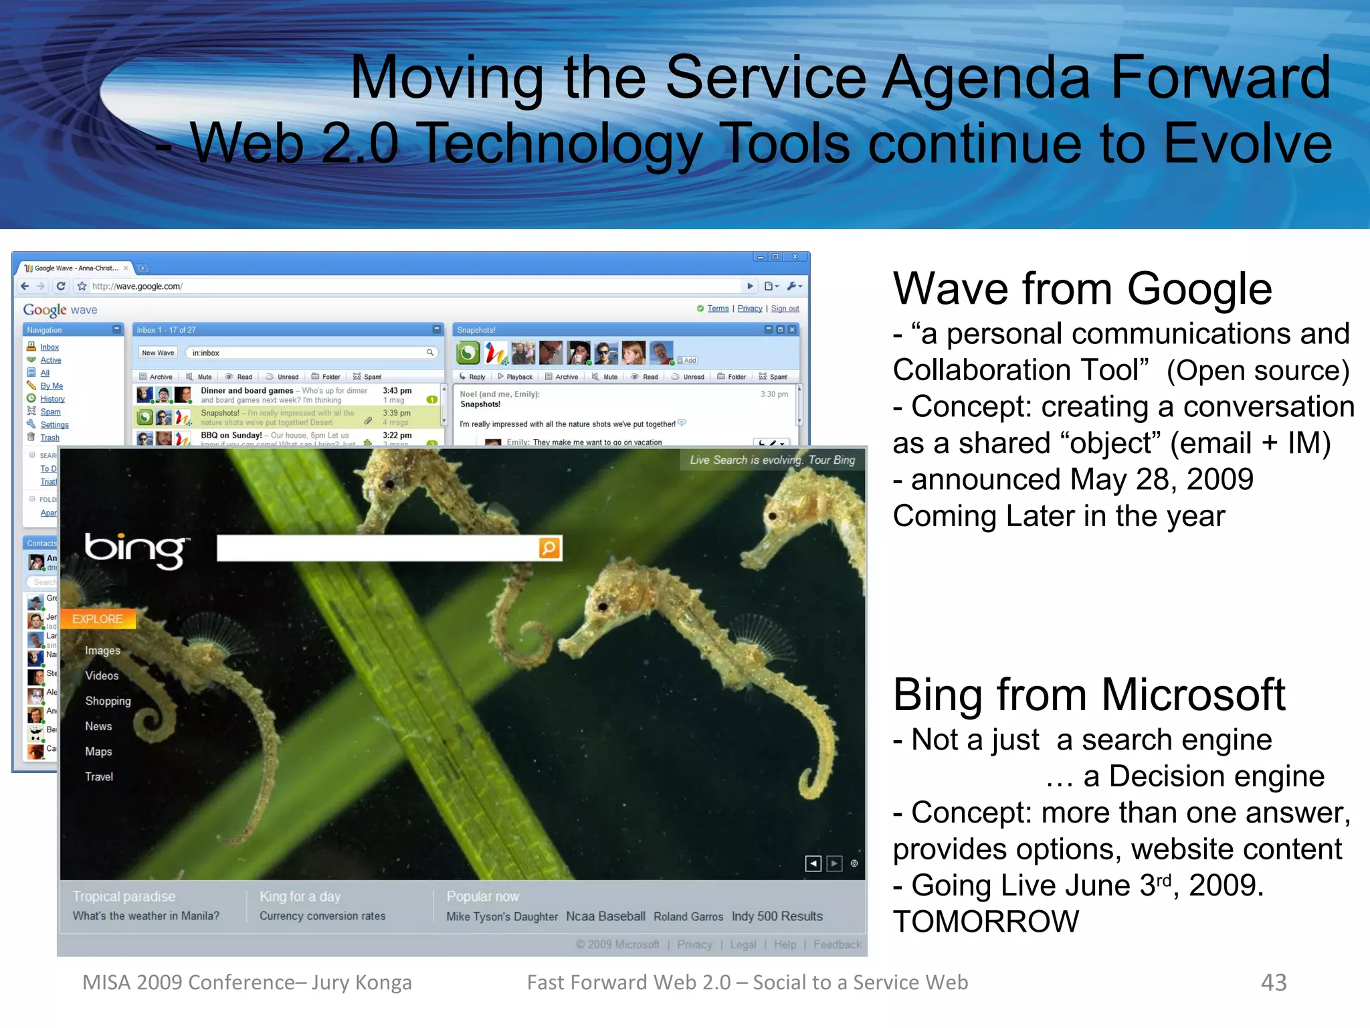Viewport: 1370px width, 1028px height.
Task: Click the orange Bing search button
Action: pos(549,548)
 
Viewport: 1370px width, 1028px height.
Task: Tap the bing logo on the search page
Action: pos(136,550)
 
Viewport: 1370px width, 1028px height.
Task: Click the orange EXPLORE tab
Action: pos(98,619)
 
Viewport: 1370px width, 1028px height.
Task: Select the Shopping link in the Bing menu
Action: pos(108,701)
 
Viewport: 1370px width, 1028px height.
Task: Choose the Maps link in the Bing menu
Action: pos(98,752)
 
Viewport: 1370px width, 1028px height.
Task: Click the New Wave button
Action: pos(158,353)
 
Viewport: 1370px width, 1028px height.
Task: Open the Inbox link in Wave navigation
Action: pos(50,347)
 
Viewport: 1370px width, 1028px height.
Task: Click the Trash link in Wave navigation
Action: pos(50,438)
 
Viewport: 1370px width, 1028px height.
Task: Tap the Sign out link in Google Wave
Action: pos(785,309)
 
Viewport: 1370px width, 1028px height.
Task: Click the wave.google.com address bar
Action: pos(401,286)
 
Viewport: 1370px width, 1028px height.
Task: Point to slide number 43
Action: pos(1273,982)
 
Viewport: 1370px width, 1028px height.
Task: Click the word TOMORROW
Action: pos(985,922)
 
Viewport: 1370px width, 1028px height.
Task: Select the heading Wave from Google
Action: pos(1082,289)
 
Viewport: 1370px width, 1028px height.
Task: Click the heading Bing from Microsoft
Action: pos(1088,695)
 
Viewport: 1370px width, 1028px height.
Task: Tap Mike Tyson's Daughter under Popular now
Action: pos(502,917)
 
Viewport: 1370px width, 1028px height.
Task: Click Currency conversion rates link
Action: pos(322,916)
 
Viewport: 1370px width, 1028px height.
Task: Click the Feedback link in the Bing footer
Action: pos(837,944)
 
